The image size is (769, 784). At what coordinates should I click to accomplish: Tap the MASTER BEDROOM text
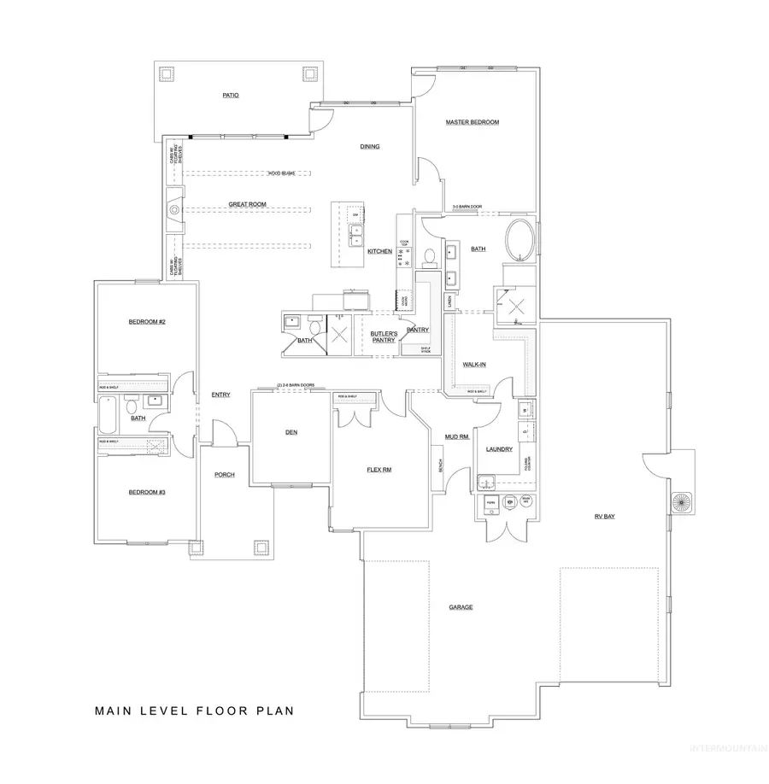(x=472, y=122)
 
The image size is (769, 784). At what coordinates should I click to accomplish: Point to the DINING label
(x=369, y=147)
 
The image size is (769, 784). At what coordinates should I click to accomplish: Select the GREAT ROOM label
(x=248, y=205)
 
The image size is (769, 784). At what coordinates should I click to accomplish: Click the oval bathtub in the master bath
(x=520, y=240)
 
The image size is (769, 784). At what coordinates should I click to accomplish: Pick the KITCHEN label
(x=379, y=251)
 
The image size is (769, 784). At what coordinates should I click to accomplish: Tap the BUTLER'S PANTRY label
(x=384, y=336)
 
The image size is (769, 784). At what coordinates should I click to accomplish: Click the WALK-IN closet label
(x=474, y=364)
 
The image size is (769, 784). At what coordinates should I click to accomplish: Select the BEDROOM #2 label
(x=147, y=321)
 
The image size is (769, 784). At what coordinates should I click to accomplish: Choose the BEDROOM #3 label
(x=147, y=492)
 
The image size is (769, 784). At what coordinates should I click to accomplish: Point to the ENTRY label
(x=221, y=394)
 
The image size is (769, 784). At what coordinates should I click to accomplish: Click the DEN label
(x=291, y=432)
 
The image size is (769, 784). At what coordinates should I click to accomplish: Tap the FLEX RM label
(x=379, y=470)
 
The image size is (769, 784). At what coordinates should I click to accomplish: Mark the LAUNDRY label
(x=498, y=448)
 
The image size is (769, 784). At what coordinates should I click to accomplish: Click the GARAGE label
(x=461, y=607)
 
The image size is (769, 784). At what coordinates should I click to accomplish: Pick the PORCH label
(x=225, y=475)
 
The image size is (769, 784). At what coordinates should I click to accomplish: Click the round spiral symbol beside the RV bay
(x=680, y=500)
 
